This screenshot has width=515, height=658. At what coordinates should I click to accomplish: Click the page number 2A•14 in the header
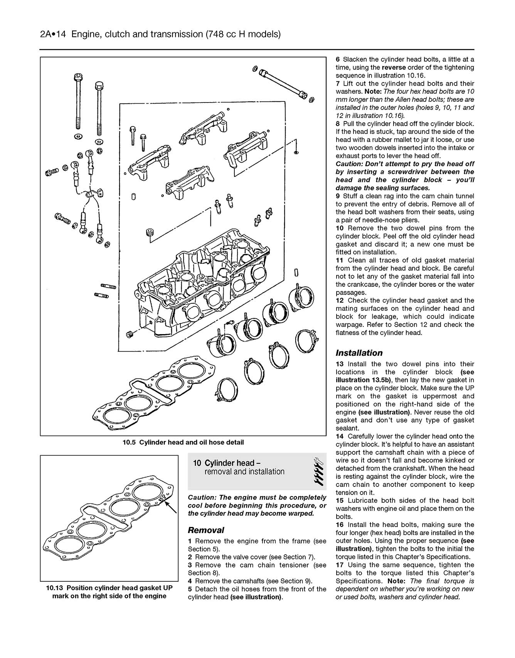click(54, 34)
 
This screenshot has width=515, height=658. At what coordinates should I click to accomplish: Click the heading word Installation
click(359, 353)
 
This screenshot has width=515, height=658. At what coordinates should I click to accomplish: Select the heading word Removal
click(206, 530)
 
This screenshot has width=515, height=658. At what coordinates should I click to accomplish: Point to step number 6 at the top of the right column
click(338, 59)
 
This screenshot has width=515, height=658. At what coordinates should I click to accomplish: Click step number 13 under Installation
click(339, 364)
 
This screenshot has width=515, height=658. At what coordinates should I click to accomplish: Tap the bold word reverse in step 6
click(394, 67)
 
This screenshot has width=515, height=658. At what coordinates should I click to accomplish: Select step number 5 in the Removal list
click(190, 589)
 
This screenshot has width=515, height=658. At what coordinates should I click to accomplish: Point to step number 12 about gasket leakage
click(339, 300)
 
